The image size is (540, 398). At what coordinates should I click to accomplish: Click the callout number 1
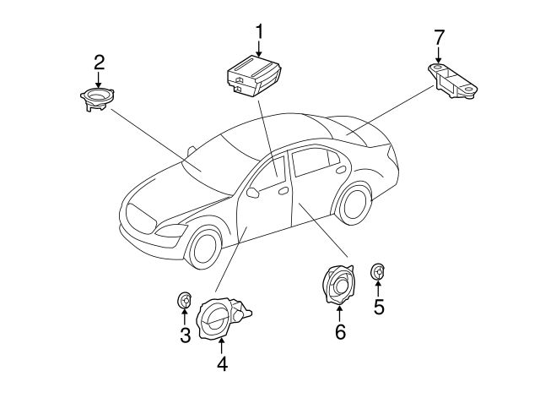[260, 33]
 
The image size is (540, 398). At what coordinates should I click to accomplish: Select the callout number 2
[99, 62]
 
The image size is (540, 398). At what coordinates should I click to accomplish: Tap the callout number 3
[185, 335]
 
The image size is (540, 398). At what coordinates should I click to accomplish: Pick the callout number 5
[379, 307]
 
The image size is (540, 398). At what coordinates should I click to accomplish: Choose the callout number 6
[340, 332]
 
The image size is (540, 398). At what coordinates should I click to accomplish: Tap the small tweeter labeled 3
[184, 300]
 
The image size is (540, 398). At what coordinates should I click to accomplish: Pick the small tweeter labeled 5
[379, 272]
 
